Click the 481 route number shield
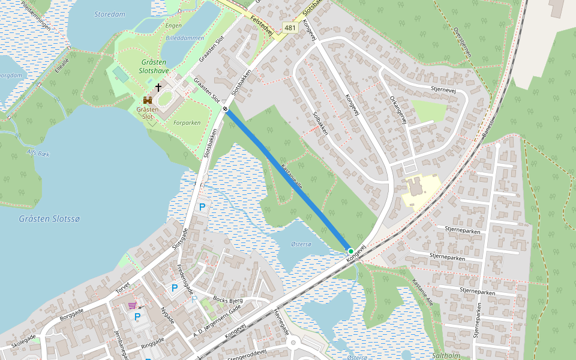pos(290,28)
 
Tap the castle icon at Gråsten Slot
pos(147,100)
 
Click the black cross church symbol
pos(158,88)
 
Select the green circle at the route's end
pos(350,251)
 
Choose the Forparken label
pos(187,123)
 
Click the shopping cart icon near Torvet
pos(132,305)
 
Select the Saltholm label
pos(445,355)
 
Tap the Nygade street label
pos(166,314)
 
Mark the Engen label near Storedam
pos(173,26)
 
